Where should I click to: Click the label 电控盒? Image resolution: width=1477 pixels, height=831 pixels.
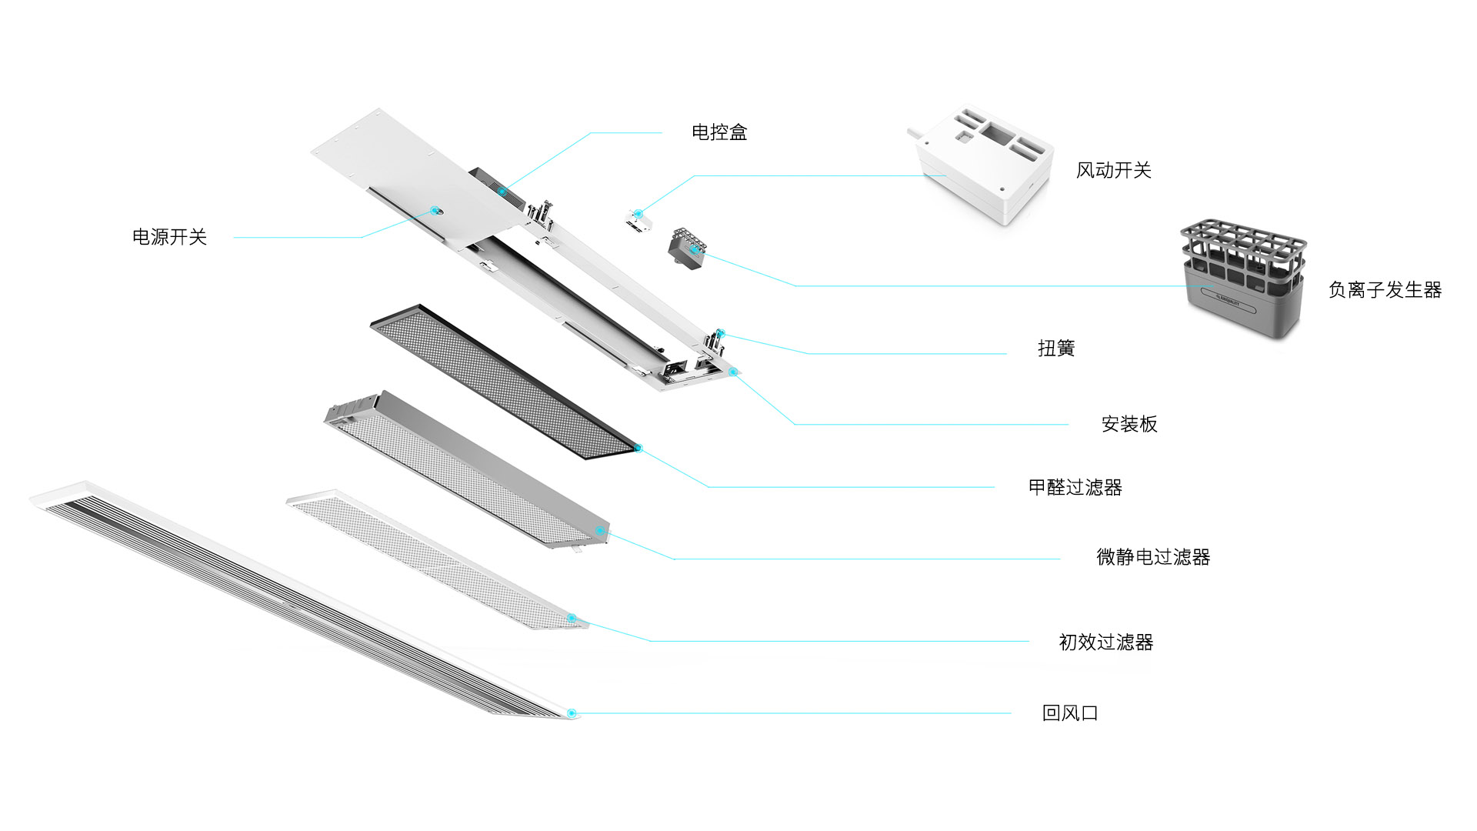pos(719,132)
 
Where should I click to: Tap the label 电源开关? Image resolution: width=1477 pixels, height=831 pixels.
pos(169,237)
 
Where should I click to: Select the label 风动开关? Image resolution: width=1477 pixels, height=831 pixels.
pos(1113,170)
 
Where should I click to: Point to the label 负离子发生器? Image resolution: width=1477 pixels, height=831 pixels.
pos(1385,290)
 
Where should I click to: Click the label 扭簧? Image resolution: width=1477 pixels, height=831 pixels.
pos(1055,349)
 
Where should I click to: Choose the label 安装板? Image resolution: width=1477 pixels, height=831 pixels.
pos(1129,424)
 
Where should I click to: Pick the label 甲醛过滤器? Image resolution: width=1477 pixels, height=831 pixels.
pos(1075,487)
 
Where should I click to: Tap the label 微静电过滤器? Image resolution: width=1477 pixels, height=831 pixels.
pos(1152,557)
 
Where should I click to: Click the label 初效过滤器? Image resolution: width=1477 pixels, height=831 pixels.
pos(1105,642)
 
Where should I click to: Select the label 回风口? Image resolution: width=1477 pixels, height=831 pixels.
pos(1069,713)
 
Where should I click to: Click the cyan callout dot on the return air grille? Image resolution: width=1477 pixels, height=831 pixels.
pos(571,713)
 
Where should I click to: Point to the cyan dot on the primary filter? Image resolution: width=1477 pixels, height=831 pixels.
pos(572,618)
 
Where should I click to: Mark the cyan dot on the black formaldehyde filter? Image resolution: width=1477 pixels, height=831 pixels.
pos(637,448)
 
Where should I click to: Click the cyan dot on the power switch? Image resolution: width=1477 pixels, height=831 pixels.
pos(435,209)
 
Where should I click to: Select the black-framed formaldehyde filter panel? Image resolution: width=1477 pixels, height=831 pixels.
pos(504,381)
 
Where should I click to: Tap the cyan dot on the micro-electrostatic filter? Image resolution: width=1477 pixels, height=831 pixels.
pos(599,530)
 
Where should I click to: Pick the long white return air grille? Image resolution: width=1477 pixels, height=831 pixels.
pos(300,600)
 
